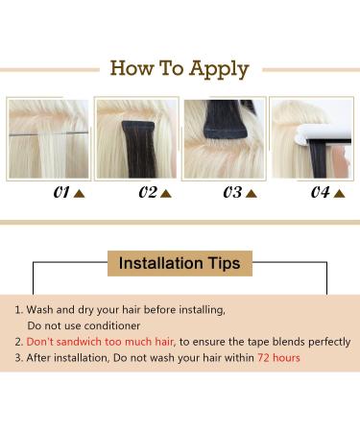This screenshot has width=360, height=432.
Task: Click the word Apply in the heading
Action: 219,70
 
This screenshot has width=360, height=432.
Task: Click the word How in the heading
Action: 132,68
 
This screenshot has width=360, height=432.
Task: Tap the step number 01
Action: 61,192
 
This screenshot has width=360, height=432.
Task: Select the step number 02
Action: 148,192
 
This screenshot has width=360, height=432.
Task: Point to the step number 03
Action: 232,192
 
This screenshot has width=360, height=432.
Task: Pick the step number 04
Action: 321,192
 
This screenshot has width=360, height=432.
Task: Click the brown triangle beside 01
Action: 79,194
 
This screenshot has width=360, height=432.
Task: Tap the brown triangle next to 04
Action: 339,194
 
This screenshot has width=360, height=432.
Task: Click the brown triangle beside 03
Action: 252,194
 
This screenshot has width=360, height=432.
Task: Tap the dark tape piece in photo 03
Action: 224,119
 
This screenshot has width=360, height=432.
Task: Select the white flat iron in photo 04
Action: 324,134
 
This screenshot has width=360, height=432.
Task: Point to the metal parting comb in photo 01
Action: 48,133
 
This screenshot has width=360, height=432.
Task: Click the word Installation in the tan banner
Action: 161,263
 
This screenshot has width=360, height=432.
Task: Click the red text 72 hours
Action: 278,357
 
